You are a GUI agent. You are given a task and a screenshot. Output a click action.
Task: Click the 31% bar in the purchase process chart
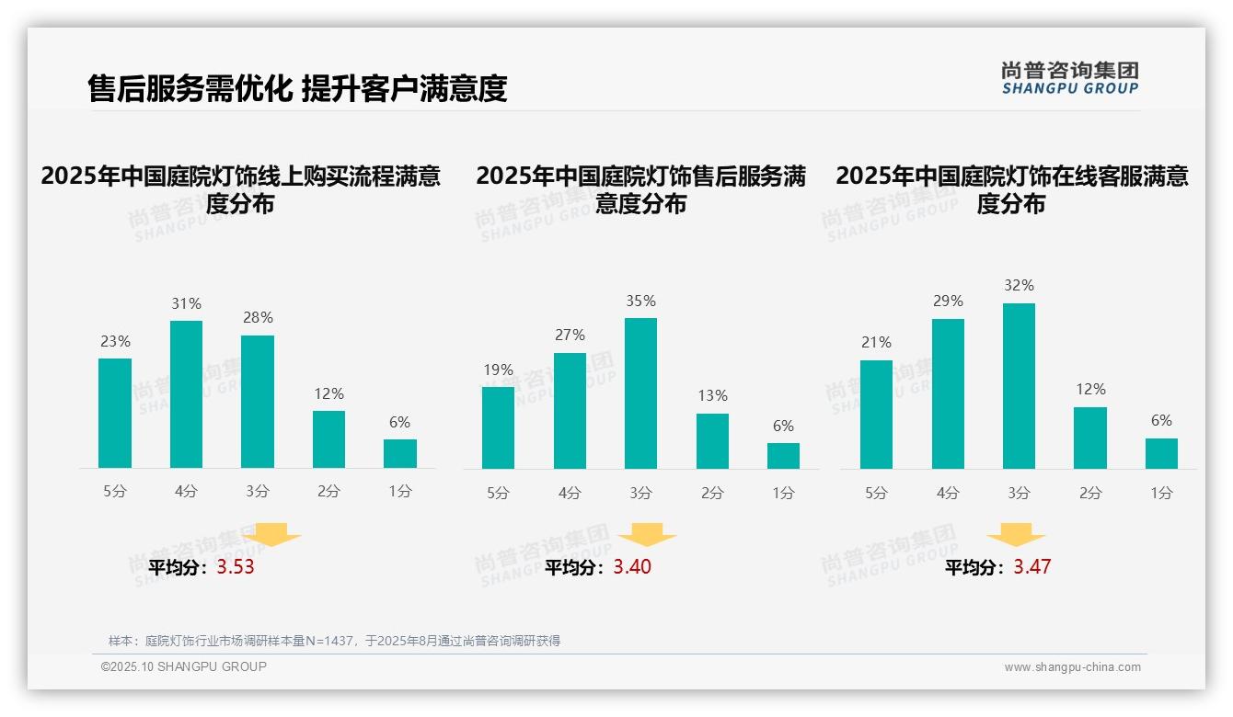187,394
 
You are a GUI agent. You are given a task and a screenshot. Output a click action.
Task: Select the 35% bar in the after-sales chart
640,393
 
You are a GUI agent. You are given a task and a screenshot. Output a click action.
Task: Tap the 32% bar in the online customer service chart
1019,386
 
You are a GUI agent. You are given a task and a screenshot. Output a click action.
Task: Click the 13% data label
712,396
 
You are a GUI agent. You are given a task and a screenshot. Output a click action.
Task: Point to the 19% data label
498,370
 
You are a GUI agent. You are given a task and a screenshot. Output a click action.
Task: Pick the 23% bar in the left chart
115,413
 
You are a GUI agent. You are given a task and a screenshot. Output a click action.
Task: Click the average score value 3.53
236,567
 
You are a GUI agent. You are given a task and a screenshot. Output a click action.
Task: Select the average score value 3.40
632,567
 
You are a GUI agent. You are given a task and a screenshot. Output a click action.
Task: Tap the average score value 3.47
1032,567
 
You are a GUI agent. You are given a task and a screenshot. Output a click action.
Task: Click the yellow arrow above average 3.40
647,535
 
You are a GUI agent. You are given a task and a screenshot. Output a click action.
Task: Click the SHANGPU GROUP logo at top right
1069,78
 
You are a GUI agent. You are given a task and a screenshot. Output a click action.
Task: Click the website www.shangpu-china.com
1072,667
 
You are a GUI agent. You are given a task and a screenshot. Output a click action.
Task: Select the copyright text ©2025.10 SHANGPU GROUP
184,666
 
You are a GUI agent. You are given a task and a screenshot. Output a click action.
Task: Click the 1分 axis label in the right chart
1161,493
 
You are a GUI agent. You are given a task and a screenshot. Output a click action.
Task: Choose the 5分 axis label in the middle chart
498,493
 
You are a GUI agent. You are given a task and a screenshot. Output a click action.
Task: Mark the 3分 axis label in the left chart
258,492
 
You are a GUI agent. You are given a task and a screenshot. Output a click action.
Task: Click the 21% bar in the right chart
876,415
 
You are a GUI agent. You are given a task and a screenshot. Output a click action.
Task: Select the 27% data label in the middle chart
570,336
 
